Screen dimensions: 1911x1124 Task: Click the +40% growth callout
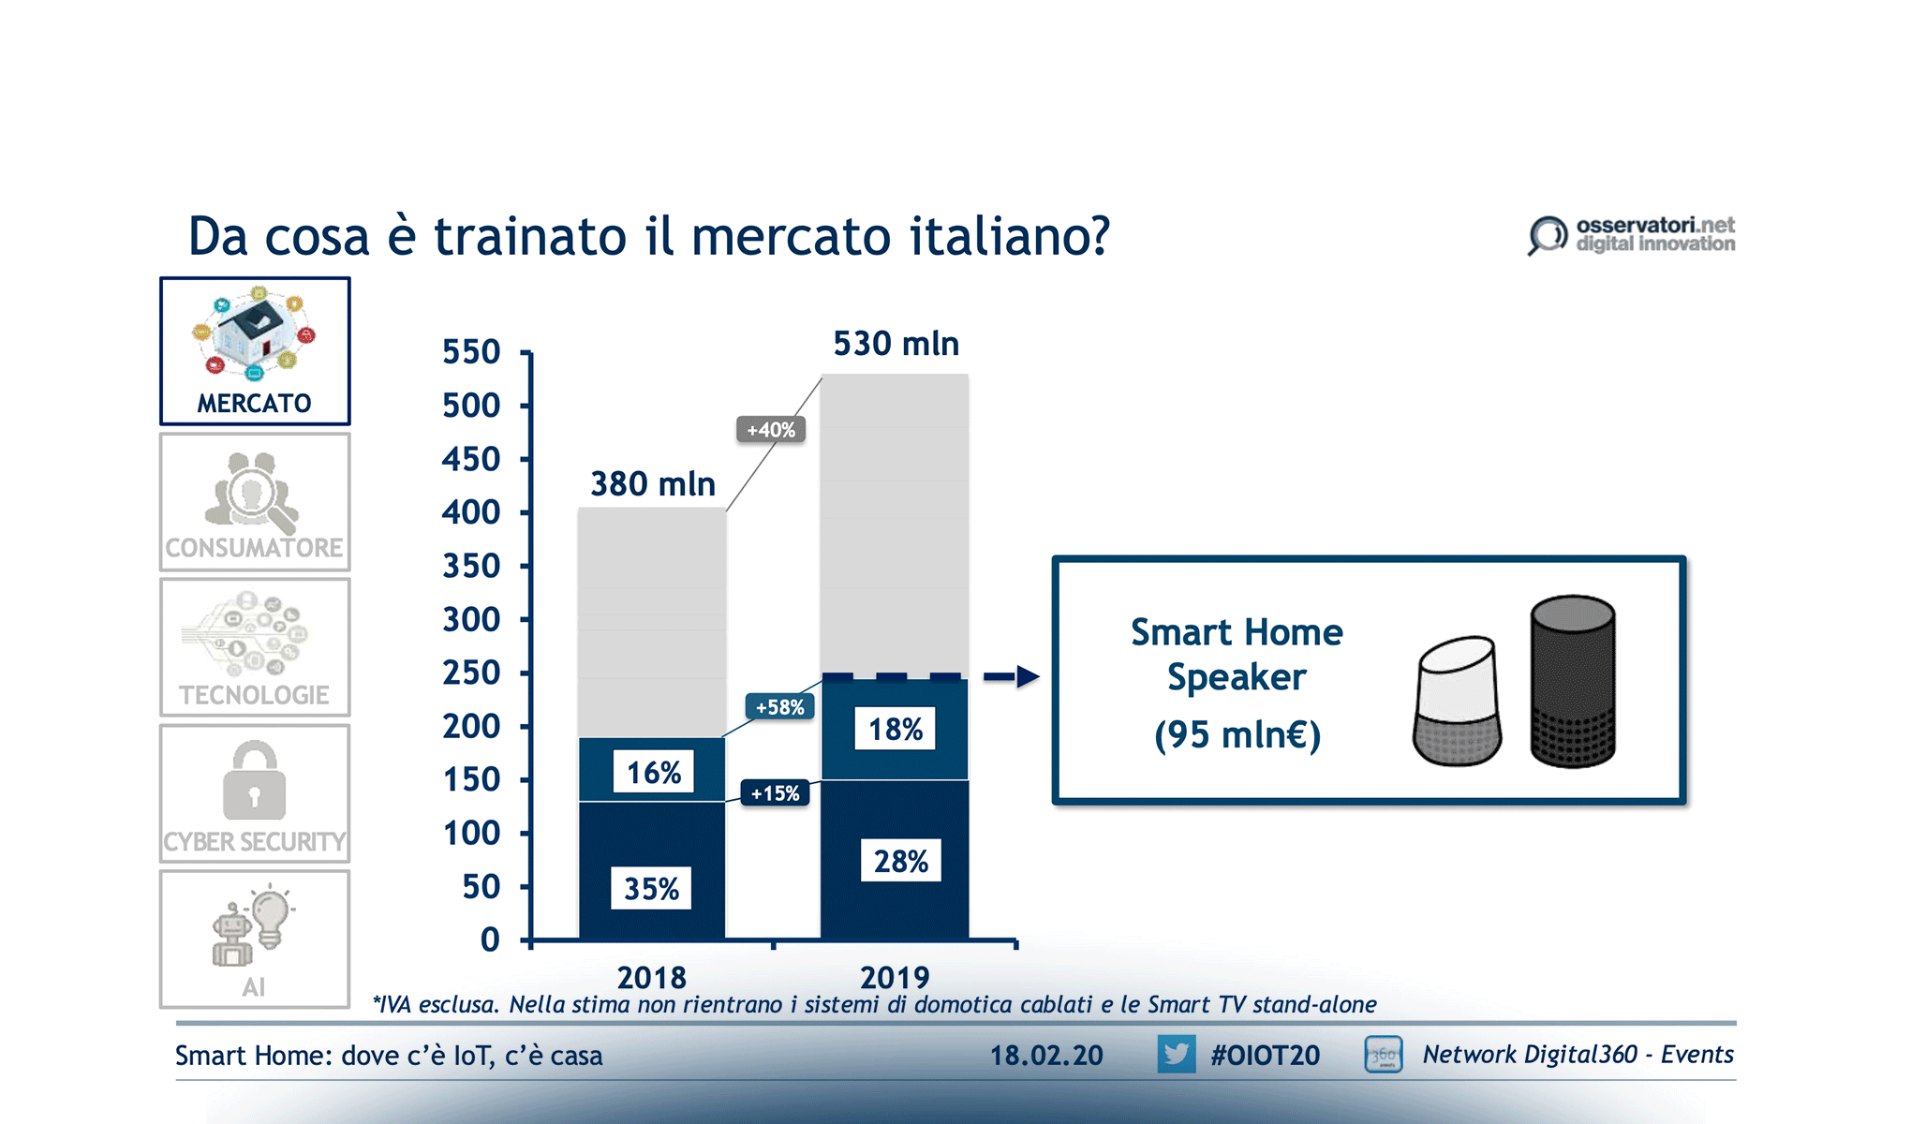[x=771, y=430]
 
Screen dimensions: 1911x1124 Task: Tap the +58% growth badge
[x=779, y=707]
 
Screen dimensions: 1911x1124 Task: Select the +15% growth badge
[x=775, y=793]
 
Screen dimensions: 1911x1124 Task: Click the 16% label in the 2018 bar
[x=653, y=772]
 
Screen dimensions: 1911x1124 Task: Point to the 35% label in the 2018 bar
[x=651, y=888]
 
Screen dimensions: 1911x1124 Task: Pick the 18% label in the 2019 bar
[x=895, y=729]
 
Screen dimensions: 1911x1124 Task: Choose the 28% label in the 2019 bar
[x=900, y=861]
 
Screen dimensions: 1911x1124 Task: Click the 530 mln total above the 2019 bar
[x=896, y=344]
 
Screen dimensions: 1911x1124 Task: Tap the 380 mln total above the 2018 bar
[x=653, y=484]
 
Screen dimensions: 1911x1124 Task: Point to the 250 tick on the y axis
[x=472, y=673]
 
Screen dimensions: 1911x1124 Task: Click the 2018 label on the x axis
[x=652, y=978]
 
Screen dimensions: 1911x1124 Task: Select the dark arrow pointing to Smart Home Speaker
[x=1012, y=676]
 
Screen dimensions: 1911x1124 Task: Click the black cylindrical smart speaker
[x=1573, y=682]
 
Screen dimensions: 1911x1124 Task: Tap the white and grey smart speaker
[x=1458, y=702]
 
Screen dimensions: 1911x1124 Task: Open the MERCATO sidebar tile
[x=255, y=351]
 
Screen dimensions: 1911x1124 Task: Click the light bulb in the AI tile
[x=272, y=915]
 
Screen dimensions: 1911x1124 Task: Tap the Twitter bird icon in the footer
[x=1176, y=1055]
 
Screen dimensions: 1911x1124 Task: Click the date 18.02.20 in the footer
[x=1046, y=1056]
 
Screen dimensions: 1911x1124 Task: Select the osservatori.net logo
[x=1631, y=235]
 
